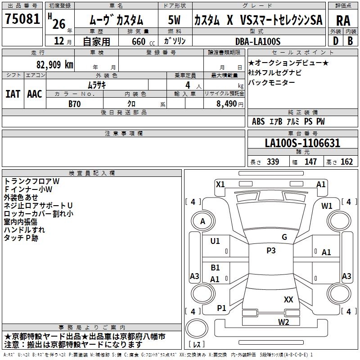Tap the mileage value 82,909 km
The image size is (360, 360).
(x=54, y=65)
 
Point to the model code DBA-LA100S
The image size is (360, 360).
(x=258, y=41)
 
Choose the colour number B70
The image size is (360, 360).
(x=74, y=103)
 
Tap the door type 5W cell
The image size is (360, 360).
(x=175, y=20)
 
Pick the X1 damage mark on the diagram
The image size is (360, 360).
(x=220, y=184)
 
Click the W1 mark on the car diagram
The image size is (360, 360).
(x=327, y=206)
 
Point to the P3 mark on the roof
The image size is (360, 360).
(x=270, y=251)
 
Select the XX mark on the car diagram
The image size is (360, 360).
(x=288, y=299)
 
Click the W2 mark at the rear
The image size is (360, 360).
(x=283, y=322)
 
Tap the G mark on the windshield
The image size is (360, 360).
(x=284, y=237)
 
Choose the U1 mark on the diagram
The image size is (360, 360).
(x=215, y=241)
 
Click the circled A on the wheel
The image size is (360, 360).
(x=202, y=221)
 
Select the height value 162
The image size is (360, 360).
(x=346, y=162)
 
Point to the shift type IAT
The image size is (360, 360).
(x=13, y=94)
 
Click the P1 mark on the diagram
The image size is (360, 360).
(x=221, y=308)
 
